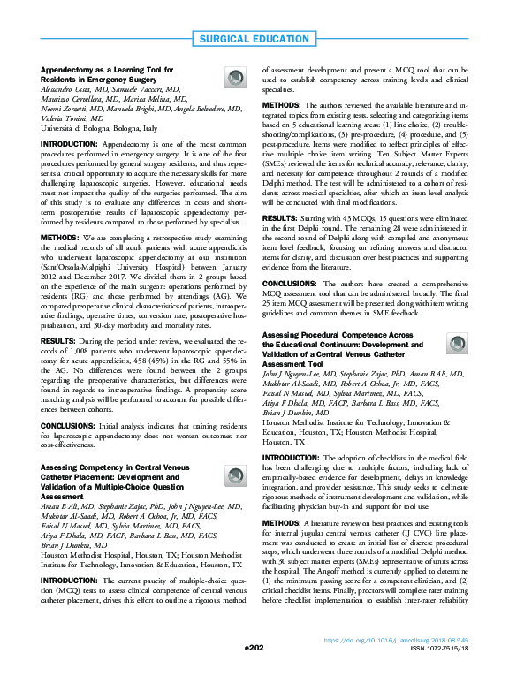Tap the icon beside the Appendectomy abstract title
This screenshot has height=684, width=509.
pos(235,79)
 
